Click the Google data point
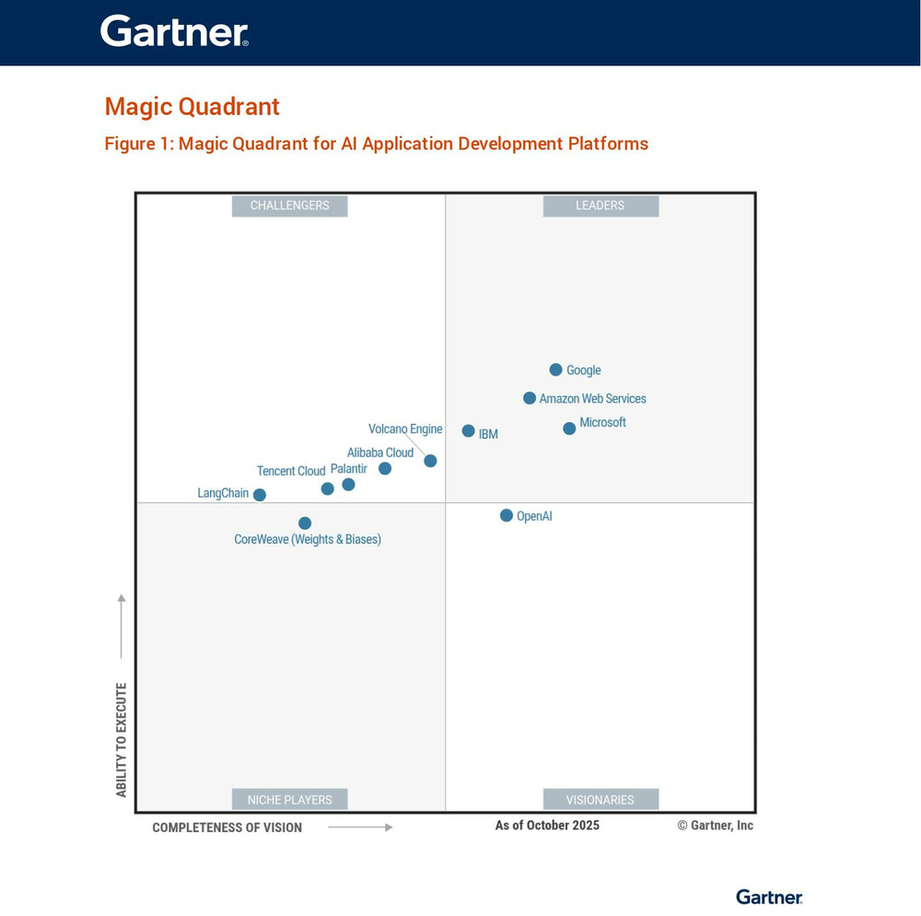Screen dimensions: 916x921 [555, 370]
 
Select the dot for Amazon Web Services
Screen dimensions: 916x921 [530, 398]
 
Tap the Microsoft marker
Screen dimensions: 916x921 [569, 428]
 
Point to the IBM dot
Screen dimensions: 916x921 [468, 431]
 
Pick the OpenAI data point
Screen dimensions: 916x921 [507, 515]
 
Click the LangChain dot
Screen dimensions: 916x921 [260, 495]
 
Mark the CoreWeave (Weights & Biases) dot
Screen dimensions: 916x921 [305, 523]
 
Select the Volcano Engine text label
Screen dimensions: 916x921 [405, 429]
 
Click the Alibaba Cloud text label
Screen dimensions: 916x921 [380, 452]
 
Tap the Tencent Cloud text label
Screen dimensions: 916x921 [291, 471]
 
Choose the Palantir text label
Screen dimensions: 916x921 [348, 469]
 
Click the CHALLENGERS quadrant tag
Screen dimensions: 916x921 [289, 206]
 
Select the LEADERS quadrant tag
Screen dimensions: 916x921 [600, 206]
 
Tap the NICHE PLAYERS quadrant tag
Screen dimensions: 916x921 [289, 800]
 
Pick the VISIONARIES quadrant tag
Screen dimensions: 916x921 [600, 800]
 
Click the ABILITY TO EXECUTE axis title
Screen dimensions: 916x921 [122, 740]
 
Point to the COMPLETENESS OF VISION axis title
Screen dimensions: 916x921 [227, 828]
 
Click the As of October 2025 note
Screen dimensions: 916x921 [547, 825]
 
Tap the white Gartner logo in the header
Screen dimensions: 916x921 [174, 31]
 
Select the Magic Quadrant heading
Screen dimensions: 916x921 [192, 107]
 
